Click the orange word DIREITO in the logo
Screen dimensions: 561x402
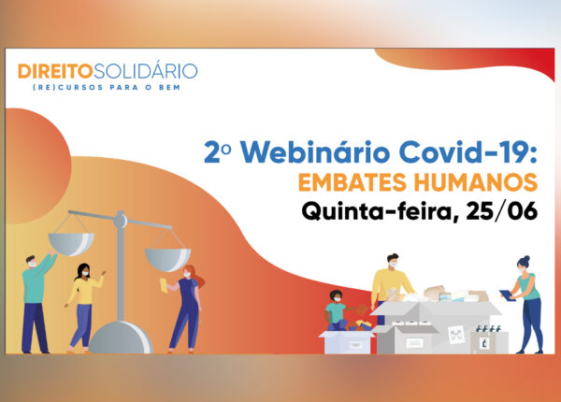click(55, 71)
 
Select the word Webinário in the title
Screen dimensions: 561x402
click(315, 152)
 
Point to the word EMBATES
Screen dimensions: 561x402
click(352, 182)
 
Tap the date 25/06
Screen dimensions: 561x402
click(501, 211)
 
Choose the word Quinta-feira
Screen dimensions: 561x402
click(381, 211)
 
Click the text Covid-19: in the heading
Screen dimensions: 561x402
click(468, 152)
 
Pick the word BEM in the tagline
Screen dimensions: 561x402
click(169, 88)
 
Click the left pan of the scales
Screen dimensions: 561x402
click(71, 244)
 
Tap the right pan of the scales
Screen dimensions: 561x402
click(167, 259)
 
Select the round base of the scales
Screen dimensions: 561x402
click(121, 338)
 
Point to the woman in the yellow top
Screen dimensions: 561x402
click(84, 307)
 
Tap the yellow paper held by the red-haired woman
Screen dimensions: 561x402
click(164, 286)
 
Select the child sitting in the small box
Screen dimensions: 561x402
click(338, 310)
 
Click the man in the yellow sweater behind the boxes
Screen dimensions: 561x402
click(391, 282)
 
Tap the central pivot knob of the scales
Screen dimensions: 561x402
click(121, 220)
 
